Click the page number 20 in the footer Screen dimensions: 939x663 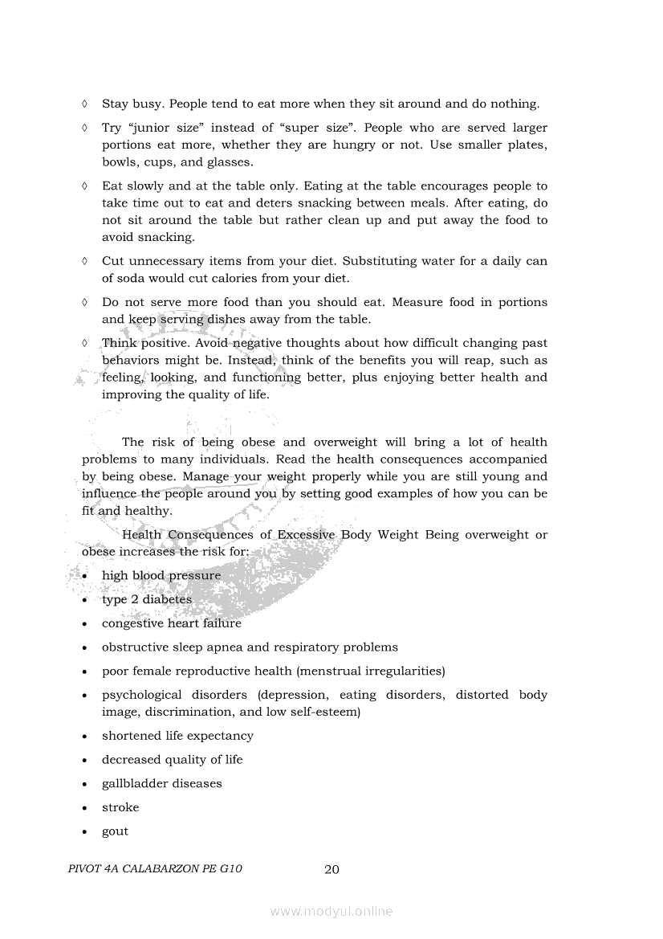(331, 869)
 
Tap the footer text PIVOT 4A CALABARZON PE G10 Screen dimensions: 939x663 (156, 869)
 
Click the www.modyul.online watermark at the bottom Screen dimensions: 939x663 (331, 911)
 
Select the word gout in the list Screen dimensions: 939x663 (115, 832)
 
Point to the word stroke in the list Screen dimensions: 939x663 (120, 808)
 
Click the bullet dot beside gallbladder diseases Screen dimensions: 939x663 (84, 784)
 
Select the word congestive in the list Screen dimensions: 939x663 (132, 624)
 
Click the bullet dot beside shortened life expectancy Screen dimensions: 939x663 (84, 737)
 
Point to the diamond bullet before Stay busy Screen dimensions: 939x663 (84, 104)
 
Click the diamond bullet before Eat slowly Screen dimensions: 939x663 (84, 186)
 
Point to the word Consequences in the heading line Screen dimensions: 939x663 (214, 535)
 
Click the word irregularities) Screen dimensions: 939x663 (395, 671)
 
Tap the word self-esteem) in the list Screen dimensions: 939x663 (327, 712)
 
